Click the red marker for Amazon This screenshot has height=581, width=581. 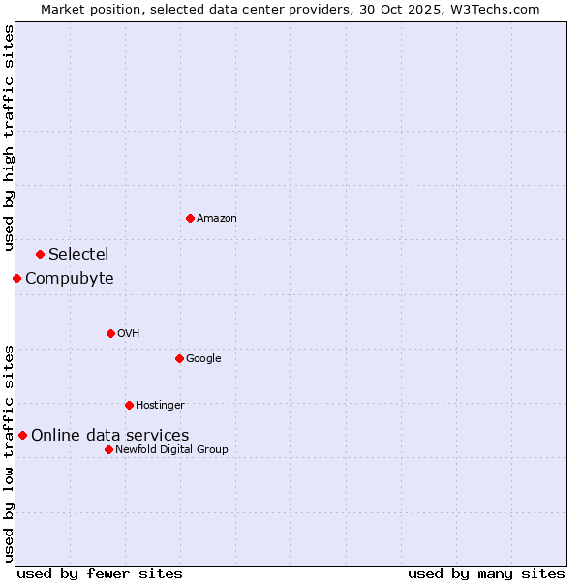click(x=190, y=218)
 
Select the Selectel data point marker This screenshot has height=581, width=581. click(x=40, y=254)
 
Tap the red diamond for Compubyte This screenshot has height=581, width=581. click(x=16, y=278)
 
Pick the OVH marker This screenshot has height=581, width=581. click(x=110, y=333)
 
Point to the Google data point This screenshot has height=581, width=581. click(x=179, y=358)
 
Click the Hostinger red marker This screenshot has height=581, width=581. click(x=129, y=405)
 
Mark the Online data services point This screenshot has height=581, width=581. click(x=22, y=435)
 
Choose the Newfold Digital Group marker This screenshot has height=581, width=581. click(x=108, y=449)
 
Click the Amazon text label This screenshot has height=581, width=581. click(x=217, y=219)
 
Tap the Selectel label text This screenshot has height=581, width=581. click(x=78, y=255)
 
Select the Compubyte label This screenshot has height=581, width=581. click(x=69, y=279)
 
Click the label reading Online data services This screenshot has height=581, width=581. click(x=109, y=436)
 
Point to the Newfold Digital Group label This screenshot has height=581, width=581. click(x=171, y=449)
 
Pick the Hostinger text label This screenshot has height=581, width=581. click(x=160, y=405)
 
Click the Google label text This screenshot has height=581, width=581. click(x=203, y=359)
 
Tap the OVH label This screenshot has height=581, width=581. click(x=128, y=334)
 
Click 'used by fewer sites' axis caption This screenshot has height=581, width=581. click(x=100, y=573)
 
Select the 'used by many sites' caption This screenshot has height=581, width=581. click(x=486, y=573)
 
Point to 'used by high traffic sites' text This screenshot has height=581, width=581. click(x=9, y=138)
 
